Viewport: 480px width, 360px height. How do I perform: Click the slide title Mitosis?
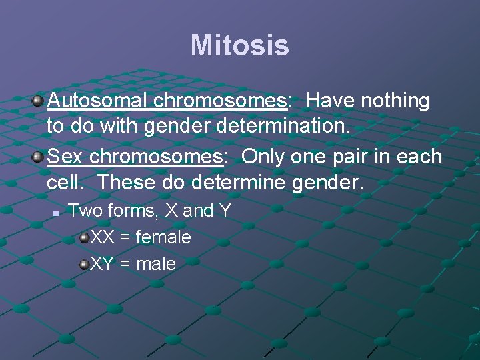[239, 46]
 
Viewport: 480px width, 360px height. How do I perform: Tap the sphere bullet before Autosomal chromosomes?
[38, 101]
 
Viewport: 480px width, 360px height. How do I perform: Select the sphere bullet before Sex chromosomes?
[38, 157]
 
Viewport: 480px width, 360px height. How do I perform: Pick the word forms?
[134, 211]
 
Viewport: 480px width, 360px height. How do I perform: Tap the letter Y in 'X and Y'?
[225, 211]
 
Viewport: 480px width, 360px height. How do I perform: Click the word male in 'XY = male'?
[155, 264]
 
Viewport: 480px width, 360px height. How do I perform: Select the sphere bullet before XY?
[84, 265]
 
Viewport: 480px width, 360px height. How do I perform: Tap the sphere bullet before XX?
[84, 238]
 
